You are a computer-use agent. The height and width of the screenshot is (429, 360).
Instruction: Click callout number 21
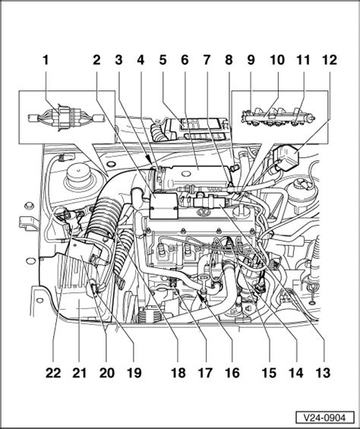(x=79, y=373)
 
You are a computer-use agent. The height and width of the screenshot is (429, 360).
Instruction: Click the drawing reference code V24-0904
(x=319, y=418)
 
